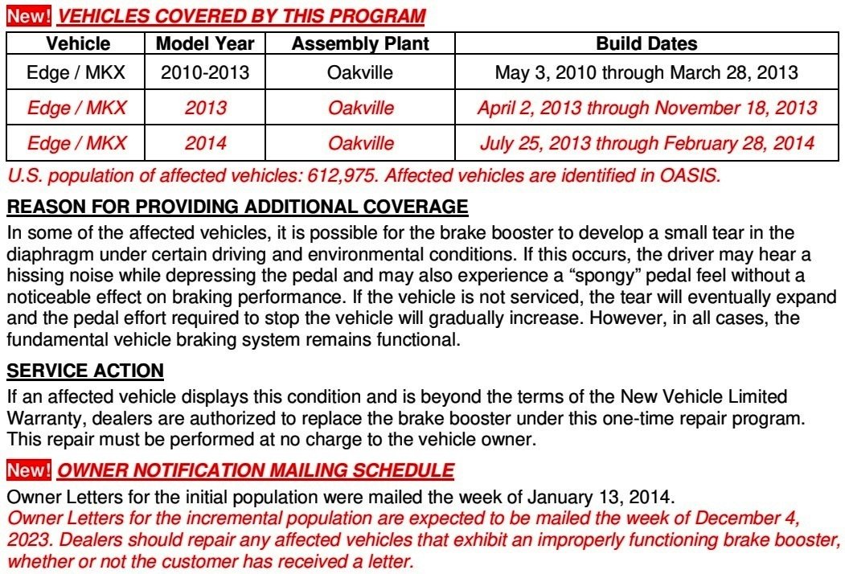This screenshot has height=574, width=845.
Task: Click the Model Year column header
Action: pos(205,43)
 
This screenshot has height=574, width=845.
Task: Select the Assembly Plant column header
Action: pos(360,43)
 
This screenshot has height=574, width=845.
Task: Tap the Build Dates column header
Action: pos(646,43)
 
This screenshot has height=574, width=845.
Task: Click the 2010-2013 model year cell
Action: pos(205,73)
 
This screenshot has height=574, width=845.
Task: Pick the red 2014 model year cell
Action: pos(205,144)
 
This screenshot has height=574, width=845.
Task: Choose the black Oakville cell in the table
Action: pos(360,73)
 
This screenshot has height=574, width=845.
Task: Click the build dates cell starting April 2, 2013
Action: pos(646,109)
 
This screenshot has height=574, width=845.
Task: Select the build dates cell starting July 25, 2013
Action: pos(646,144)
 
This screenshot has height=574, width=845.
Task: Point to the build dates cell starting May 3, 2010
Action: pos(646,73)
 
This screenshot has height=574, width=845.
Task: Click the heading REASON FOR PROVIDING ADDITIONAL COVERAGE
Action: pos(237,207)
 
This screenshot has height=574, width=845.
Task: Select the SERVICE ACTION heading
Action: pos(85,371)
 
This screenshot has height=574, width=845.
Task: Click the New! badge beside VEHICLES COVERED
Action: pos(28,15)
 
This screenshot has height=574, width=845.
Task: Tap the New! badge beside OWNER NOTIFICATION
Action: pos(28,469)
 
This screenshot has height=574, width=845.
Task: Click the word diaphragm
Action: pos(47,255)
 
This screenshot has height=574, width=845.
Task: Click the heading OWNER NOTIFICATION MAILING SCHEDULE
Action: pos(256,469)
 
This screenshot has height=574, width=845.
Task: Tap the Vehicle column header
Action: pos(78,43)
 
